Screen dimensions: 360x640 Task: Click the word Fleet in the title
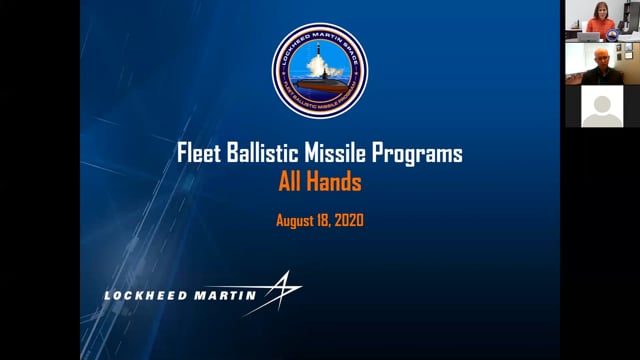(x=198, y=155)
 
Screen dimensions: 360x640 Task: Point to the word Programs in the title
(x=420, y=156)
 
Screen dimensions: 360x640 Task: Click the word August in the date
(x=297, y=220)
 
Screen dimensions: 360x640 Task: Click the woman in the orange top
(x=600, y=20)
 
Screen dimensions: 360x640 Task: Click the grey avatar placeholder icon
(x=602, y=107)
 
